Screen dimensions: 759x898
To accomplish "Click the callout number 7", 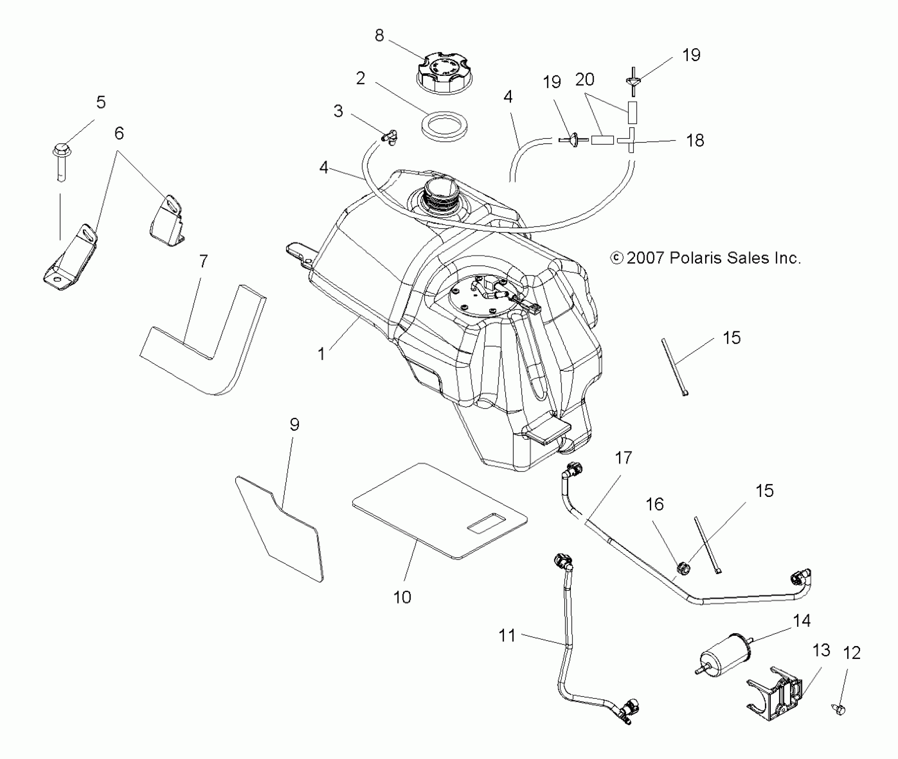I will (203, 261).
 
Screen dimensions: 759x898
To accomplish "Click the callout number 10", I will (402, 597).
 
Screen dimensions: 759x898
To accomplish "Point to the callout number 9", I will (294, 425).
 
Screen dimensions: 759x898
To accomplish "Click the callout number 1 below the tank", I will (321, 354).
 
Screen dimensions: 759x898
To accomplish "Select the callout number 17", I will (624, 458).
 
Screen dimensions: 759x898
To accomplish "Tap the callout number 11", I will (507, 635).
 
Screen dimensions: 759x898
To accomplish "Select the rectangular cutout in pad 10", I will (485, 522).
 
